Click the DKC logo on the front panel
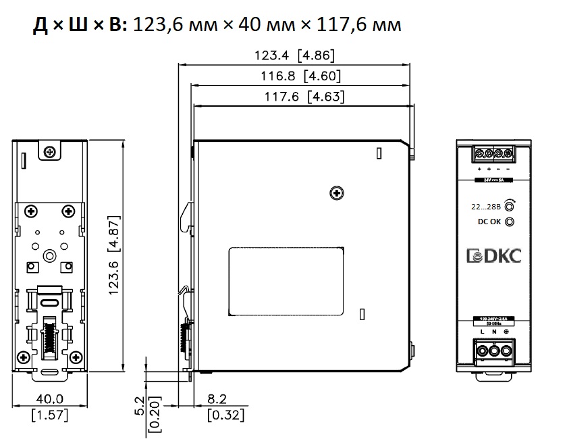coord(494,257)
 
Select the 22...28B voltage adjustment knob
coord(510,206)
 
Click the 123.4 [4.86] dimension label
coord(294,55)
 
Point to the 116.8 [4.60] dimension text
coord(301,76)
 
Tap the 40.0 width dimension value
coord(50,400)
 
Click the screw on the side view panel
coord(335,195)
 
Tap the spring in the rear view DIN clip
coord(49,336)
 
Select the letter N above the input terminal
coord(495,332)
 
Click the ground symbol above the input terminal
coord(506,332)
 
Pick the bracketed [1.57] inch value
coord(50,415)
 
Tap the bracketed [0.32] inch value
coord(225,415)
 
